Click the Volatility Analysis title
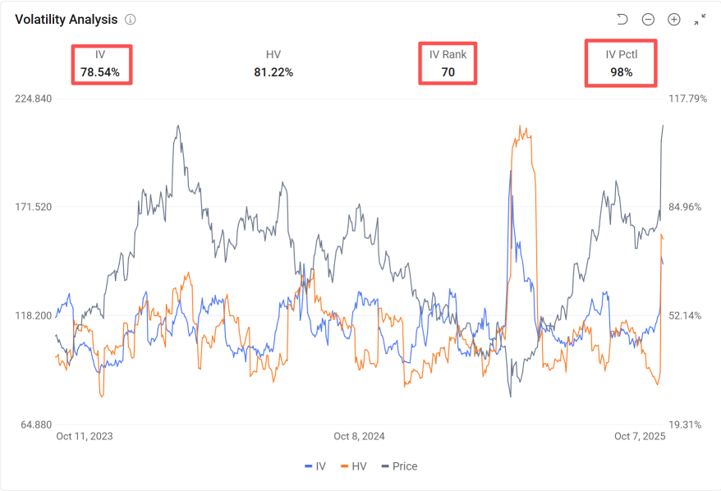click(x=66, y=19)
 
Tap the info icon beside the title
click(x=131, y=19)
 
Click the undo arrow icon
click(x=622, y=19)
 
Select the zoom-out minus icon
click(x=648, y=19)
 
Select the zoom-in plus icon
click(x=674, y=19)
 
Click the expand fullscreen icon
click(x=700, y=19)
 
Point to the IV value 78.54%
click(x=100, y=72)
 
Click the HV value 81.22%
click(x=273, y=72)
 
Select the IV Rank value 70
click(x=448, y=72)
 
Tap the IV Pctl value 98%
click(x=621, y=72)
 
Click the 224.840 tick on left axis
click(x=34, y=99)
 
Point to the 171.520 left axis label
click(x=34, y=207)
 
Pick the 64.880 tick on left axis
click(x=34, y=424)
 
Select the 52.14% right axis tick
click(x=687, y=315)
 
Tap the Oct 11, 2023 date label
click(x=85, y=437)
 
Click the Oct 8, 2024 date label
click(x=359, y=437)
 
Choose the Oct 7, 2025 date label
click(x=640, y=437)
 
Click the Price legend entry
click(x=398, y=466)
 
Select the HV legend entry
click(x=353, y=466)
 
